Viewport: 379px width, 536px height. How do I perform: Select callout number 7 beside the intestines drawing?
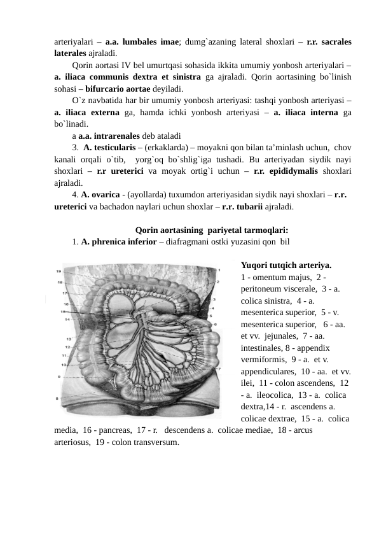coord(218,369)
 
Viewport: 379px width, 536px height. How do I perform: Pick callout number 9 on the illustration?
coord(59,376)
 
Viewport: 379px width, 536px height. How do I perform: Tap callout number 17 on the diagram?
coord(64,293)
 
